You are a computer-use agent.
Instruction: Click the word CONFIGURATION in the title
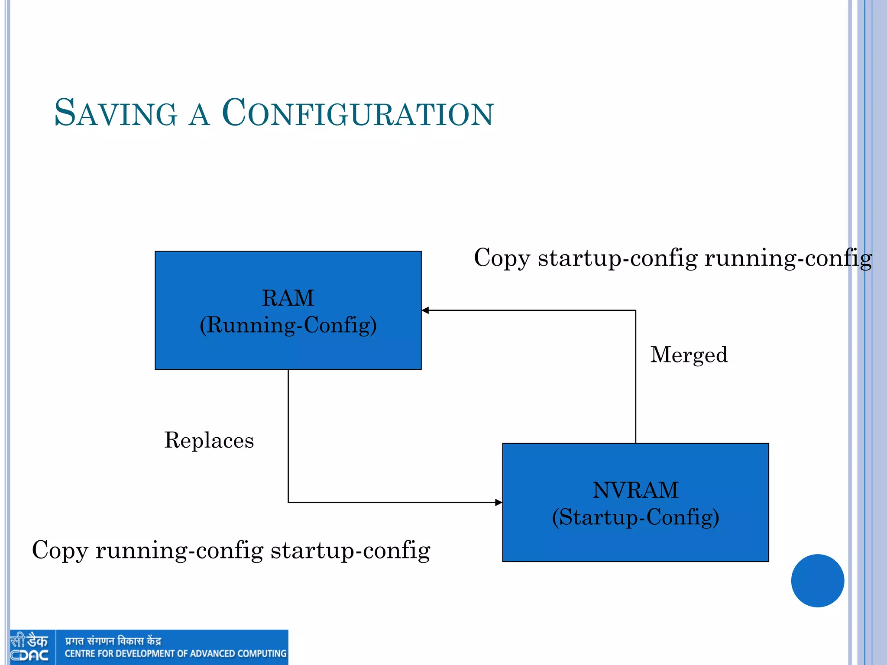point(357,113)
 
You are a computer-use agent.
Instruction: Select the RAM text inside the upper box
point(288,298)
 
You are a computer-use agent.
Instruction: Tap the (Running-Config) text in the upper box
point(288,325)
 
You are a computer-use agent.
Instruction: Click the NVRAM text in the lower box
point(635,490)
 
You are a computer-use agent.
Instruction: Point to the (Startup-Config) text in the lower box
point(635,517)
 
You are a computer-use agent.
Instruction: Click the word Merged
point(689,355)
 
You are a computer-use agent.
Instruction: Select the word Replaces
point(209,440)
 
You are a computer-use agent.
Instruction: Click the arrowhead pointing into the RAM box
point(425,310)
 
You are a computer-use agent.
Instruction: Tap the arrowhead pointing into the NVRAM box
point(499,503)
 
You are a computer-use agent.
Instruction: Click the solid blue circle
point(817,581)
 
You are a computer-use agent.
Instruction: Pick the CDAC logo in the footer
point(29,647)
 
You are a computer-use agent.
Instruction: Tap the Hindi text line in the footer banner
point(113,641)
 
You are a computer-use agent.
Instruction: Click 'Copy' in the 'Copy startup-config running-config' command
point(502,258)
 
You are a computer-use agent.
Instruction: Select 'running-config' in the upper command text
point(788,258)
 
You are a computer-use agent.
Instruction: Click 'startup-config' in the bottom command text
point(350,551)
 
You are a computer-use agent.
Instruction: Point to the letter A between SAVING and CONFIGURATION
point(200,115)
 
